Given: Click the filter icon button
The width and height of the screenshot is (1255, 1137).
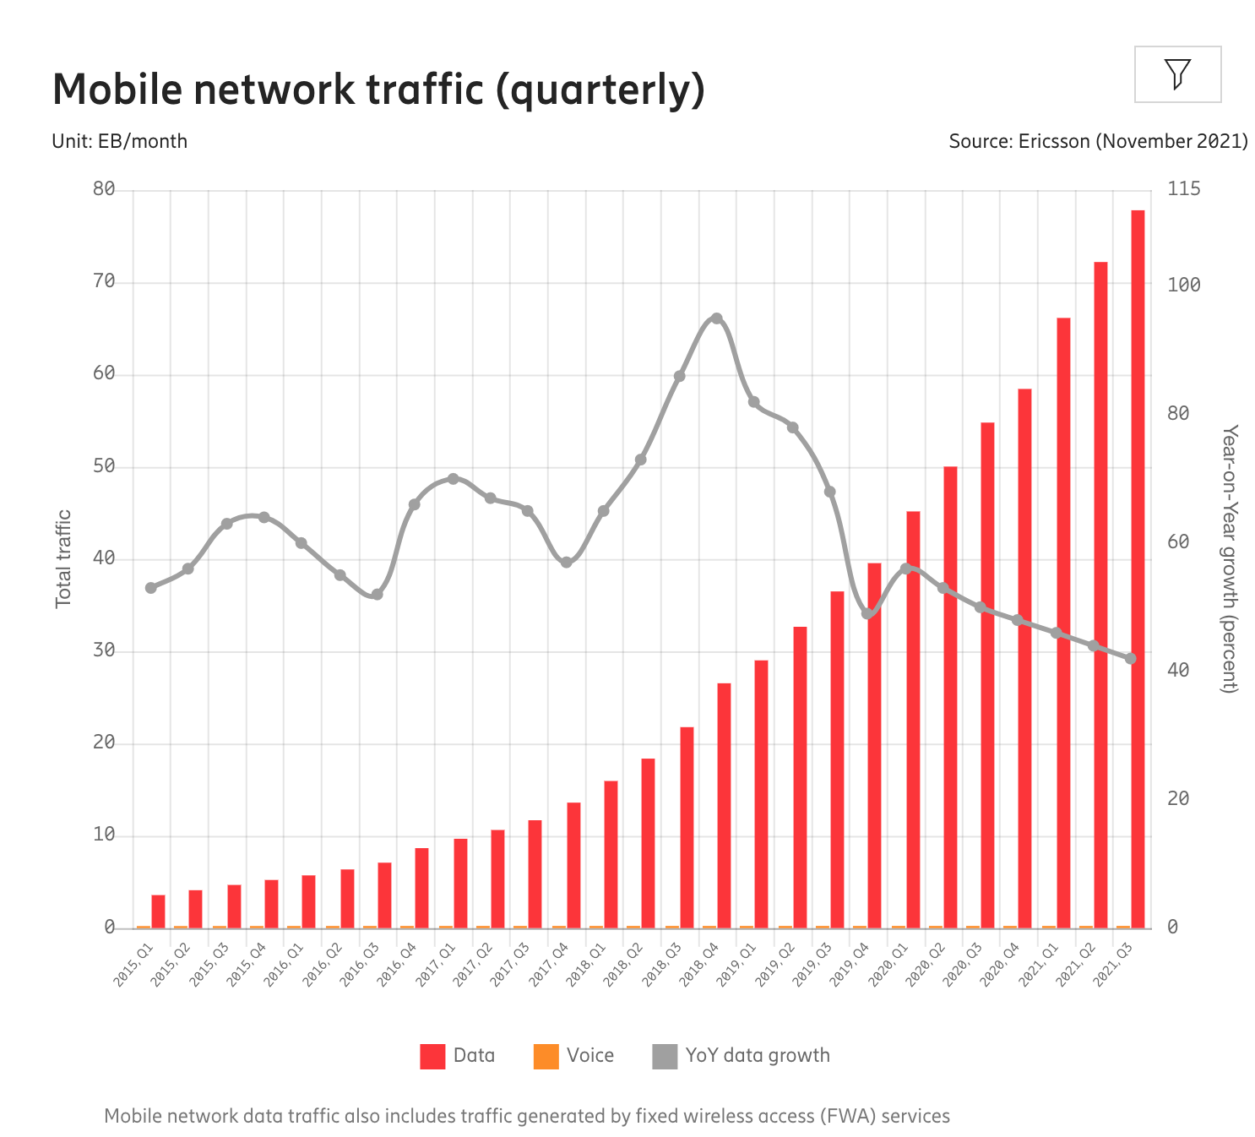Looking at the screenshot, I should [x=1177, y=74].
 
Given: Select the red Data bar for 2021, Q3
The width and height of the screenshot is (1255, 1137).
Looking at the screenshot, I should [x=1138, y=568].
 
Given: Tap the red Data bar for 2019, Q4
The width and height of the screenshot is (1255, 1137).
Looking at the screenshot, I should [x=874, y=744].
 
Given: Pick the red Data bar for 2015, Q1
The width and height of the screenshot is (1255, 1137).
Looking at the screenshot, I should [x=158, y=911].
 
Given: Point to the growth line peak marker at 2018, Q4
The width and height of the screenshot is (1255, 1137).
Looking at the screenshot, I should [x=716, y=318].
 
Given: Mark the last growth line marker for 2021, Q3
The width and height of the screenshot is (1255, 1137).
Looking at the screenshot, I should [x=1131, y=658].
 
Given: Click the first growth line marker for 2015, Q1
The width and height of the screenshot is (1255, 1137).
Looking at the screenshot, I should [x=151, y=588].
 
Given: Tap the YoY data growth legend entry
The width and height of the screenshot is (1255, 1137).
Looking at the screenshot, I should [x=742, y=1056].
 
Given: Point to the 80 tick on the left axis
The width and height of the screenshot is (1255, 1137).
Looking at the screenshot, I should [x=104, y=189].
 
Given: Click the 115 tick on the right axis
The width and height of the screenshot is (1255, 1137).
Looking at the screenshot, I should [x=1183, y=189].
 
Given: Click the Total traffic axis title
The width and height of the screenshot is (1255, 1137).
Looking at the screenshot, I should [x=63, y=558].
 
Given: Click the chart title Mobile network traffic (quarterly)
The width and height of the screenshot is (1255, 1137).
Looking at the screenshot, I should [x=378, y=90].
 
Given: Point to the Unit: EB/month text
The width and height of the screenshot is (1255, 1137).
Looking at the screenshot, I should [x=120, y=141].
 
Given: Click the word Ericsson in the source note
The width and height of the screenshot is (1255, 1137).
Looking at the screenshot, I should [x=1053, y=141].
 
